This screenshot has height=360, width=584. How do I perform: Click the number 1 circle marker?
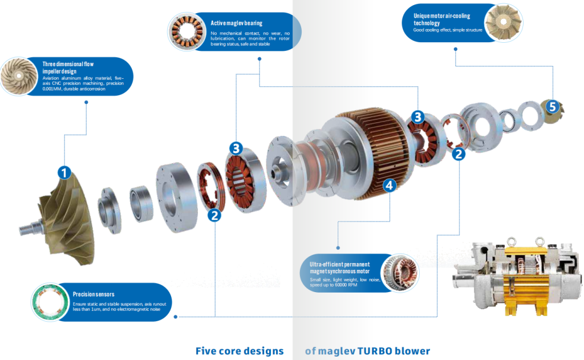pyautogui.click(x=64, y=172)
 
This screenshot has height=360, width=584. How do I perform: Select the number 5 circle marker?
pyautogui.click(x=551, y=106)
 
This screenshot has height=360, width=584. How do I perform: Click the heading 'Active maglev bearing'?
pyautogui.click(x=236, y=23)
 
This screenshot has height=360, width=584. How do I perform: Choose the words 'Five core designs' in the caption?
pyautogui.click(x=239, y=350)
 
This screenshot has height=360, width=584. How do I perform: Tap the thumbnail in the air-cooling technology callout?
pyautogui.click(x=502, y=23)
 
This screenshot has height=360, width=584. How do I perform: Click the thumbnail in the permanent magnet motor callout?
pyautogui.click(x=398, y=272)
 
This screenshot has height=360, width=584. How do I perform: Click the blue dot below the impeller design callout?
pyautogui.click(x=86, y=103)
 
